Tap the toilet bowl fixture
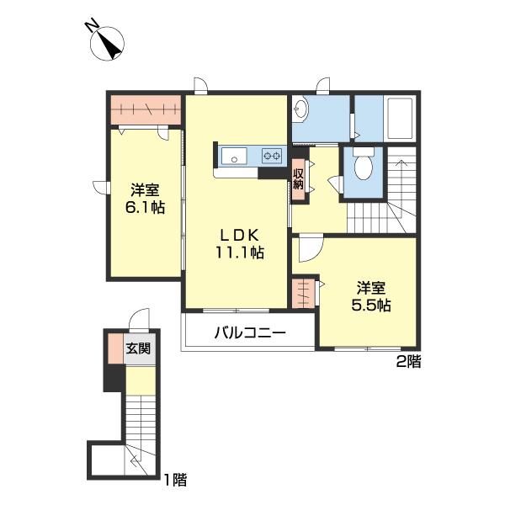pos(364,163)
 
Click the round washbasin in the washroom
pos(300,109)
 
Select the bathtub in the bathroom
pos(400,118)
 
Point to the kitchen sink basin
pos(234,156)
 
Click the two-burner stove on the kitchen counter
pos(272,156)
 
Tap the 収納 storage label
pos(298,180)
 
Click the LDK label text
pos(240,236)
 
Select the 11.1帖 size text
pos(240,252)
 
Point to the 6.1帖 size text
pos(145,207)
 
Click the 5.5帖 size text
pos(371,305)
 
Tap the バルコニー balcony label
pos(250,332)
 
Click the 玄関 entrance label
pos(138,348)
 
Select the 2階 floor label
pos(408,362)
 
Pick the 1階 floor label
pos(176,480)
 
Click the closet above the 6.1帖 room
pos(146,109)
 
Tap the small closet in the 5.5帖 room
pos(303,293)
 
